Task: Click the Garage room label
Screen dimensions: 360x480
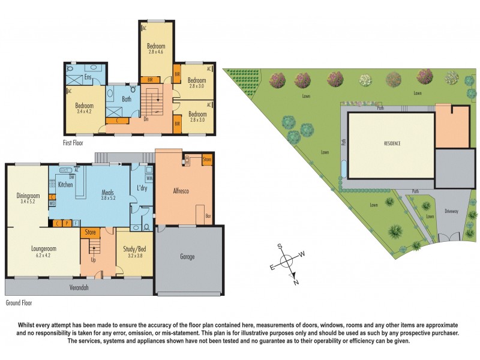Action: [187, 256]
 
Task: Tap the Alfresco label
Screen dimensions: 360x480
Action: [181, 191]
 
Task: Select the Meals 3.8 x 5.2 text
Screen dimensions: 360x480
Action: [108, 194]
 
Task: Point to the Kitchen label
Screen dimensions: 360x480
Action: [65, 185]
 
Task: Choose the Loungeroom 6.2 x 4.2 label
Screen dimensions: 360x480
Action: [43, 249]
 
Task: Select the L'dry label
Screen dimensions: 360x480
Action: [142, 189]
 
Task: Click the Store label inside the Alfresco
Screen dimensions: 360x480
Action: [207, 160]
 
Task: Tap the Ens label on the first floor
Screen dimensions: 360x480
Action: [88, 77]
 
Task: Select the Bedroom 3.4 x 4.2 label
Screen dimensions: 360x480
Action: [85, 109]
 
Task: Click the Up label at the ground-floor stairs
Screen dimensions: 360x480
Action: [92, 260]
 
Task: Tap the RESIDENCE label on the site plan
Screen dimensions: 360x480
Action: [392, 144]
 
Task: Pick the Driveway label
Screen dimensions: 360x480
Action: [451, 212]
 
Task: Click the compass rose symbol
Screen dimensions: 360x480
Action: [287, 261]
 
